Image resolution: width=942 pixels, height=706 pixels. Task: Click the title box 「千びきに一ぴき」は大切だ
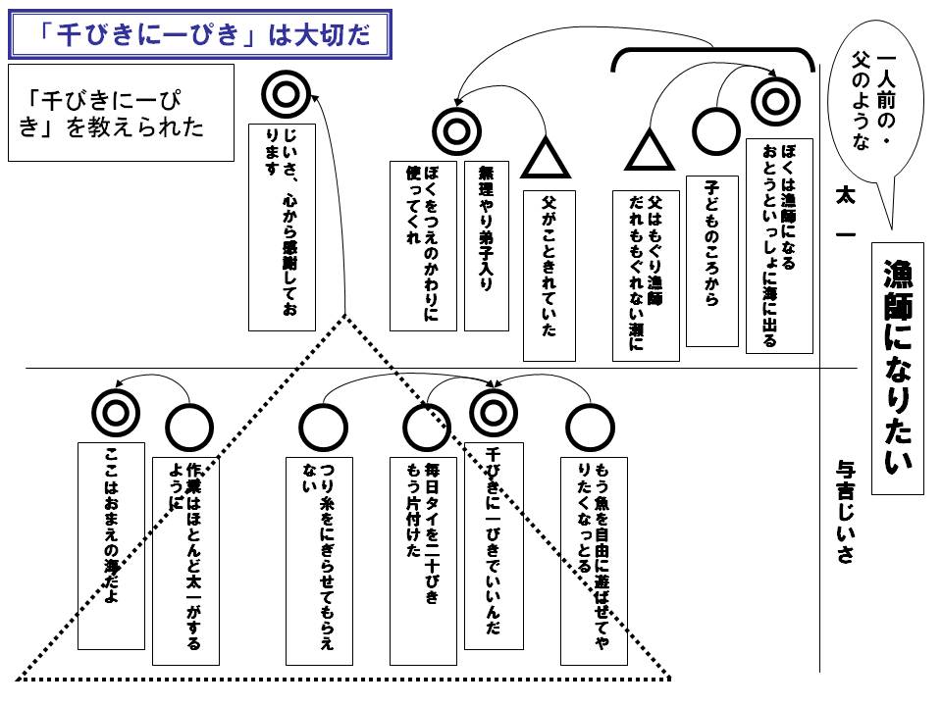point(200,34)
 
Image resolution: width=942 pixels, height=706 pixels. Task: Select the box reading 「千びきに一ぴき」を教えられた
point(121,113)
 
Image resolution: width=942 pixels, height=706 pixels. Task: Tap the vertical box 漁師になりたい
point(898,369)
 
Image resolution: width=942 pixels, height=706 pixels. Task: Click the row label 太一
point(845,213)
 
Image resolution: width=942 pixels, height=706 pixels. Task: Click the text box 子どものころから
point(712,261)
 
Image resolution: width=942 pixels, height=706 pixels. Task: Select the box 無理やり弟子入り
point(487,246)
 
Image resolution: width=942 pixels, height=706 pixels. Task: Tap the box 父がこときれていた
point(549,277)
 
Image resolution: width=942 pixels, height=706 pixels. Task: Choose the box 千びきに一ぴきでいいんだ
point(494,546)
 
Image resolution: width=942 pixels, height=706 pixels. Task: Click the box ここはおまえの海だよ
point(111,546)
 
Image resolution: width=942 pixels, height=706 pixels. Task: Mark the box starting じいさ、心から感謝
point(282,227)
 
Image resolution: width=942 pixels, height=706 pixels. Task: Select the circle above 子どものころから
point(715,131)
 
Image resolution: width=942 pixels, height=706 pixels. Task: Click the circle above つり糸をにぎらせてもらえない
point(323,429)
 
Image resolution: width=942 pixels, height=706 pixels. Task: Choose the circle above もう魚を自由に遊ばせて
point(590,429)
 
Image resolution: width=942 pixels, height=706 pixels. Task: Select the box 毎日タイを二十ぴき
point(423,561)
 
